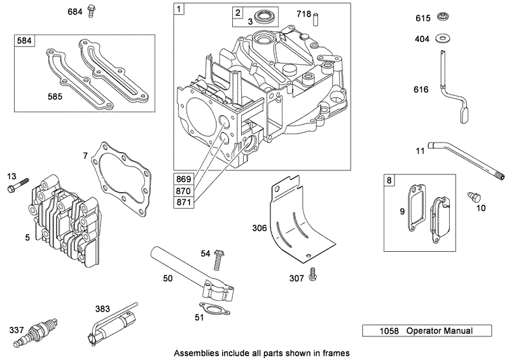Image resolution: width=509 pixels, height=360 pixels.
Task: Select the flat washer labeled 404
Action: point(442,39)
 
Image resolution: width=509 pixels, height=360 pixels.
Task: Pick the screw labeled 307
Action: point(312,273)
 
